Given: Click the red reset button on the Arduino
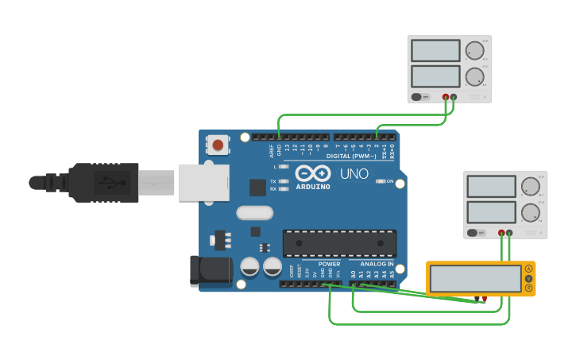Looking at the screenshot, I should click(218, 145).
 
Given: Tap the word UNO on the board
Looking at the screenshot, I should click(354, 174).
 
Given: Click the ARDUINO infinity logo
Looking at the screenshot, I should click(312, 174).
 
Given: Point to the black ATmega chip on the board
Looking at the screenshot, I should click(339, 243).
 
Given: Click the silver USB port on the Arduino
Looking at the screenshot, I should click(203, 182).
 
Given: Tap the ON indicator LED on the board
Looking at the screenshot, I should click(379, 182).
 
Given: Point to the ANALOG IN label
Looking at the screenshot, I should click(377, 264).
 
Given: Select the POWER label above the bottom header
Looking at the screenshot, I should click(329, 264).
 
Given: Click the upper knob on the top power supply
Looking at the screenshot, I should click(474, 51).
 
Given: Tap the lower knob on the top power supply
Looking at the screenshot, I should click(474, 77).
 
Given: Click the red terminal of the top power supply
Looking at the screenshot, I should click(445, 97).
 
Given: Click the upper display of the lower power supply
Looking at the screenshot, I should click(492, 187).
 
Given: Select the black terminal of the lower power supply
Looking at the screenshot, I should click(509, 234).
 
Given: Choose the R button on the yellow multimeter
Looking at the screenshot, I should click(528, 288).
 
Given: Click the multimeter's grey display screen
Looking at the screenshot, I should click(475, 278).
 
